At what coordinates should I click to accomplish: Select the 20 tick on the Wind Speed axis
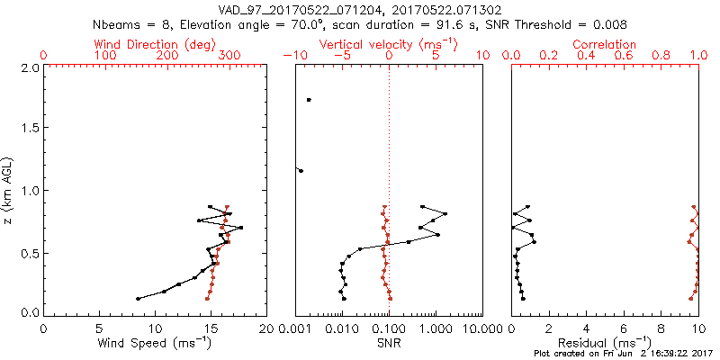[x=265, y=329]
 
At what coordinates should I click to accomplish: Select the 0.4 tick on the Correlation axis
[x=586, y=56]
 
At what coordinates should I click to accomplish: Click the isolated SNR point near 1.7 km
[x=309, y=100]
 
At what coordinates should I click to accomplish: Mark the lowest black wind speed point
[x=138, y=299]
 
